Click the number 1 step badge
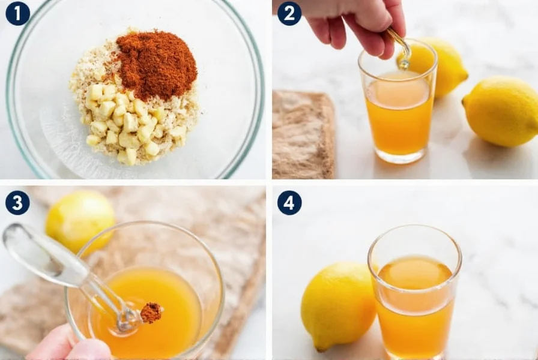[x=17, y=13]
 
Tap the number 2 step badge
[x=289, y=13]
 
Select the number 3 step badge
[x=17, y=203]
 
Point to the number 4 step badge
[x=289, y=203]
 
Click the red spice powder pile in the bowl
[x=157, y=64]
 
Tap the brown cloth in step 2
[x=303, y=135]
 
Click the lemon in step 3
[x=79, y=220]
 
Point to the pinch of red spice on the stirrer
[x=151, y=312]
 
